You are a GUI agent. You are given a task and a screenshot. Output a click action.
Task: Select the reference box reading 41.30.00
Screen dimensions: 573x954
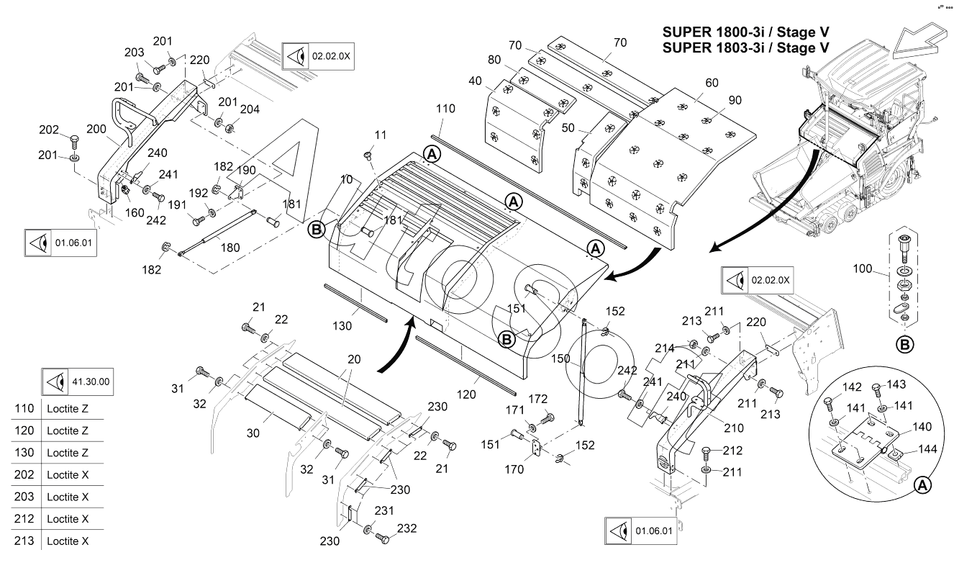[81, 382]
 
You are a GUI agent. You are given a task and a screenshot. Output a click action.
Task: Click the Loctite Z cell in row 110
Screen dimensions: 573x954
[67, 409]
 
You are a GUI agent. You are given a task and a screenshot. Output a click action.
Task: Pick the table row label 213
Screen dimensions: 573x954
[24, 541]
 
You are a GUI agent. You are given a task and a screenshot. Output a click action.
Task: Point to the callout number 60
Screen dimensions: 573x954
[712, 83]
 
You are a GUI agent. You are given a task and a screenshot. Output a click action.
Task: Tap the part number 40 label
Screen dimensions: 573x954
[476, 81]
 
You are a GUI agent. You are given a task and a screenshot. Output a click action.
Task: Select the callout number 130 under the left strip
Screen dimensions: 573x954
[343, 325]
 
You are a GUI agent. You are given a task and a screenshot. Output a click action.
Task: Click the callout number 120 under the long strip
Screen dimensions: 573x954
[468, 394]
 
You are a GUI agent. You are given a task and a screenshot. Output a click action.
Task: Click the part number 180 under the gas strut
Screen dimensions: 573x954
[230, 248]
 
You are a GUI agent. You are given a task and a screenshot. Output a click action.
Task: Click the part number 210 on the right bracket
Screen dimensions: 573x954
[733, 428]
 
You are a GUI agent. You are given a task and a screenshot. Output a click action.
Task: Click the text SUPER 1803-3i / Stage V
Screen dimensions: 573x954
[745, 48]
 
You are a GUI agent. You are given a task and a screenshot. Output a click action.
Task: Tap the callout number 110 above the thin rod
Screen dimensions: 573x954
[445, 109]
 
